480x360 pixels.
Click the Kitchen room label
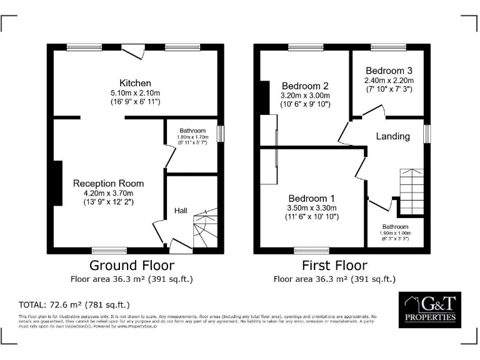point(135,83)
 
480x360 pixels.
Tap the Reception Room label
point(108,183)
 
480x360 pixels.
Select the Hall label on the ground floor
point(181,211)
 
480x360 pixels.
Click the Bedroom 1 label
point(311,198)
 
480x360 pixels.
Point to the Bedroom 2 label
point(305,86)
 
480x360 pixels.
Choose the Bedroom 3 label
point(389,71)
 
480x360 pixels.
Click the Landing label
point(393,136)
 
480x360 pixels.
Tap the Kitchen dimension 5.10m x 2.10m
point(135,93)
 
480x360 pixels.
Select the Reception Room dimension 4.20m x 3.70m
point(108,193)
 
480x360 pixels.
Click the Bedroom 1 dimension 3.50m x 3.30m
point(311,208)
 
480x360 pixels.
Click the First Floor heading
point(334,265)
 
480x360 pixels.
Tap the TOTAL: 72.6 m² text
point(74,305)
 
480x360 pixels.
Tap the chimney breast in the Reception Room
point(57,183)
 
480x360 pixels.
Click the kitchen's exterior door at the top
point(132,52)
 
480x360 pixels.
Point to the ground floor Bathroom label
point(192,131)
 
